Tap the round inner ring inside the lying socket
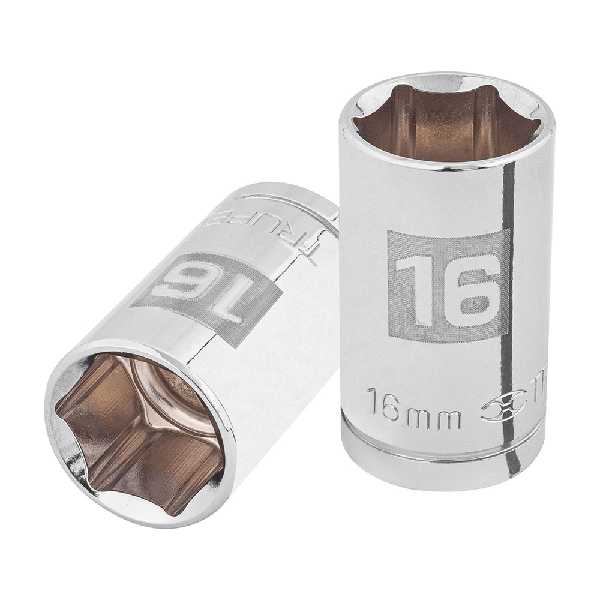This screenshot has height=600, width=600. pyautogui.click(x=174, y=396)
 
